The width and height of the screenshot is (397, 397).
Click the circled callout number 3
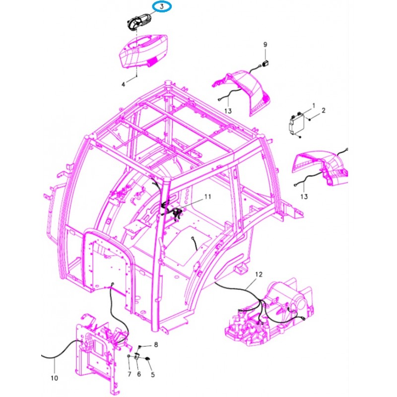tap(162, 6)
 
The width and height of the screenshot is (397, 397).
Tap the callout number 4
tap(123, 84)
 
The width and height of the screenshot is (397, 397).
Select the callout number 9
tap(265, 45)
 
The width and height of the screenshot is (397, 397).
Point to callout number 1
tap(314, 105)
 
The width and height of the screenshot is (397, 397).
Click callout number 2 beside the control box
tap(324, 110)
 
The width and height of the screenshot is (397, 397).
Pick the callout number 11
tap(207, 197)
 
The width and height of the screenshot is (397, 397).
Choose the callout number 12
tap(259, 274)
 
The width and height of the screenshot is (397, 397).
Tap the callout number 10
tap(55, 378)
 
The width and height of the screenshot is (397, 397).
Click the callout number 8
tap(156, 344)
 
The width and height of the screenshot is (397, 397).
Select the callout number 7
tap(130, 374)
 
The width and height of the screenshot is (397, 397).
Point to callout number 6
tap(139, 374)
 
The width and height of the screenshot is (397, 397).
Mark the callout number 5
tap(153, 375)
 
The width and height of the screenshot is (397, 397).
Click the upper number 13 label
tap(228, 111)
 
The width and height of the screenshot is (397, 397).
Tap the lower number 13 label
tap(304, 197)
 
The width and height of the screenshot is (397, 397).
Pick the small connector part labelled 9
tap(265, 64)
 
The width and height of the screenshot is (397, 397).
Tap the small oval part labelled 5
tap(146, 358)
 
